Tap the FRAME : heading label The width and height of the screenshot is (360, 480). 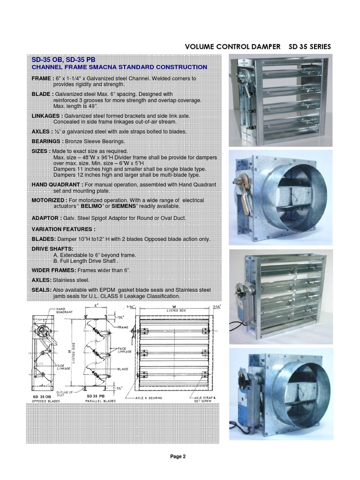[x=42, y=78]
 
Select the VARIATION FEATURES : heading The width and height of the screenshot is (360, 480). [x=63, y=229]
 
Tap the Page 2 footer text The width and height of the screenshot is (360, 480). [x=178, y=457]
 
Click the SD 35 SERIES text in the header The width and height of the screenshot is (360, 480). [x=308, y=46]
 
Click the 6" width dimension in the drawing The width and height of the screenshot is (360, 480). [x=95, y=305]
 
